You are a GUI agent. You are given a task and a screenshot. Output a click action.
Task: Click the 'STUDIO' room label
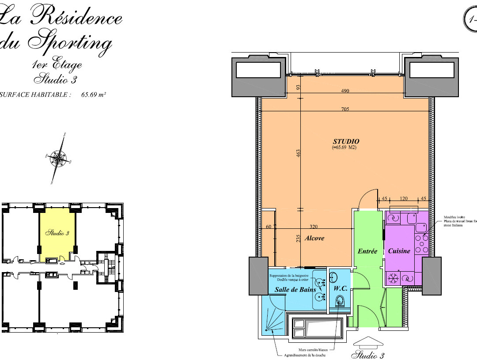coord(346,141)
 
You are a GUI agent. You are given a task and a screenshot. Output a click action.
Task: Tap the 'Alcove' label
coord(314,238)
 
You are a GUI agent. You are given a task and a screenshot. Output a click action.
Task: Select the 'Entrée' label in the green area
coord(367,251)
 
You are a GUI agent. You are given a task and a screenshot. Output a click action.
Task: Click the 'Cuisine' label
coord(399,251)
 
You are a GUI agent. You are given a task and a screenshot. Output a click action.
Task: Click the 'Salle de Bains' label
coord(295,290)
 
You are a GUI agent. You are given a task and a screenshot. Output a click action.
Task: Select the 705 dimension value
coord(345,109)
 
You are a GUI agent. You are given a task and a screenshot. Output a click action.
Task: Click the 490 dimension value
coord(345,91)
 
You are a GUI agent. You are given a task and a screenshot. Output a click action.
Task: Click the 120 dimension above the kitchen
coord(403,199)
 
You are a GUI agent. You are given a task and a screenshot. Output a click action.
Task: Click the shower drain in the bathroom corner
coord(266,330)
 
